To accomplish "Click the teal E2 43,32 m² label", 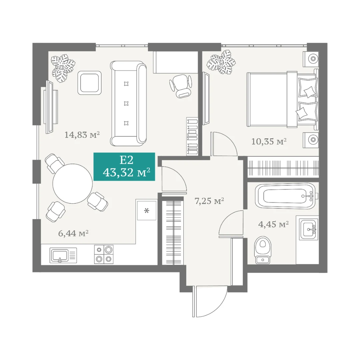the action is tap(124, 167).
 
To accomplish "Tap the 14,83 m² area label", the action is tap(82, 135).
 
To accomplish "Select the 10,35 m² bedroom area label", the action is tap(269, 141).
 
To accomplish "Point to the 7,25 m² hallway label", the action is tap(209, 201).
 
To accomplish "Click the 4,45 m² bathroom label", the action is tap(273, 224).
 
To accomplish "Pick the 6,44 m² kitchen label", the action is tap(73, 233).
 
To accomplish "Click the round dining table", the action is tap(73, 183).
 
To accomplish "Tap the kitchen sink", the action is tap(63, 255).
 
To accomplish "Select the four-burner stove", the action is tap(104, 254).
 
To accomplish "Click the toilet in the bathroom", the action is tap(263, 250).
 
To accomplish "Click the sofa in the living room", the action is tap(128, 103).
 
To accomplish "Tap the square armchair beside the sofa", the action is tap(90, 83).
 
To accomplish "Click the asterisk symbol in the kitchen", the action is tap(147, 210).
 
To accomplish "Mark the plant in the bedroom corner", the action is tap(221, 62).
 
